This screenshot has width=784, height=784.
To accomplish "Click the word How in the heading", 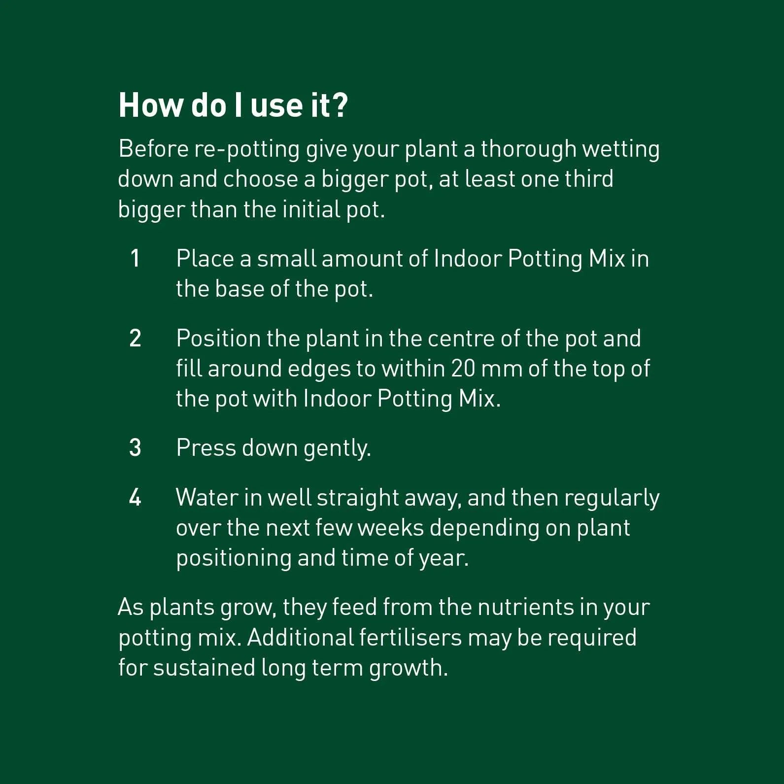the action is pyautogui.click(x=150, y=105).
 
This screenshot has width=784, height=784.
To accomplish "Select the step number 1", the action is pyautogui.click(x=135, y=259).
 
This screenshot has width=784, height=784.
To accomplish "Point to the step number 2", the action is pyautogui.click(x=135, y=339).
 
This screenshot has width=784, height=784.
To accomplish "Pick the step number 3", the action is pyautogui.click(x=135, y=448).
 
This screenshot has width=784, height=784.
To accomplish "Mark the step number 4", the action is pyautogui.click(x=135, y=498).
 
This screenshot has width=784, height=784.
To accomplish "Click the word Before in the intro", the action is pyautogui.click(x=153, y=149).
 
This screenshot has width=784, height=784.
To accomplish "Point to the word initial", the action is pyautogui.click(x=311, y=209).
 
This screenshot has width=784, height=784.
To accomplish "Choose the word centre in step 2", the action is pyautogui.click(x=461, y=339).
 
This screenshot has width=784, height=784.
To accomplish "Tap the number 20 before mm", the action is pyautogui.click(x=463, y=369).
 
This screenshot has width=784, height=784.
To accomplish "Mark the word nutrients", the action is pyautogui.click(x=526, y=608).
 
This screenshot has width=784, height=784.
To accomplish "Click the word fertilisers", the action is pyautogui.click(x=410, y=637).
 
